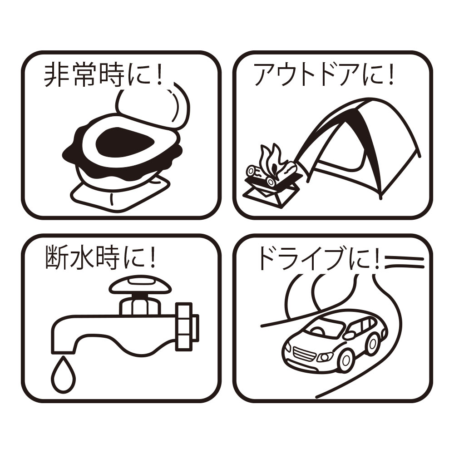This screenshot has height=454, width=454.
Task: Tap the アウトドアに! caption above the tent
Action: point(324,75)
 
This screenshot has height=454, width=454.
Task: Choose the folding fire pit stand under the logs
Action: point(269,193)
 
